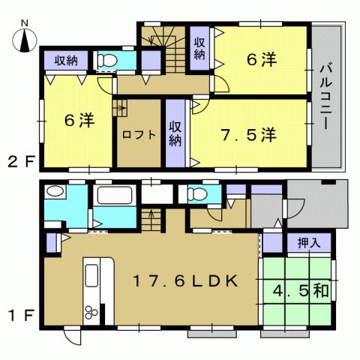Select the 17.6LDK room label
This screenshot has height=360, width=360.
tap(185, 281)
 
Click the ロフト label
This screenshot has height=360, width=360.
tap(139, 135)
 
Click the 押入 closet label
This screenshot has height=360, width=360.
tap(307, 243)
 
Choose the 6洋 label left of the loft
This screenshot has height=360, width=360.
tap(79, 119)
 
